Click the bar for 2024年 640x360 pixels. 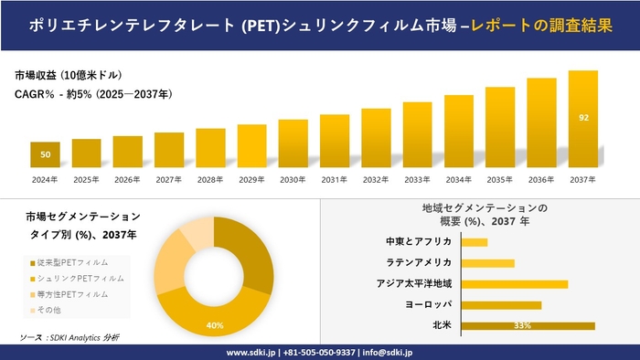click(45, 155)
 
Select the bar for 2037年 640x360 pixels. click(582, 119)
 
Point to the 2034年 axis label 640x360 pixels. click(459, 179)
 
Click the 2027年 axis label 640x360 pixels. click(169, 179)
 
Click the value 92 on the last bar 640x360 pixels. click(583, 117)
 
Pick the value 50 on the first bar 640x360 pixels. click(45, 154)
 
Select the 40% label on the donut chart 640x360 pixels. click(215, 326)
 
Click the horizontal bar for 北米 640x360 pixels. click(528, 325)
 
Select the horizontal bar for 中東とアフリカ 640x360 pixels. click(475, 242)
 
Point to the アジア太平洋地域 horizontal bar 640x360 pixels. click(515, 284)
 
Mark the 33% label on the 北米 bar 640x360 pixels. click(523, 325)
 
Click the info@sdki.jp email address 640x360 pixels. click(388, 352)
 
